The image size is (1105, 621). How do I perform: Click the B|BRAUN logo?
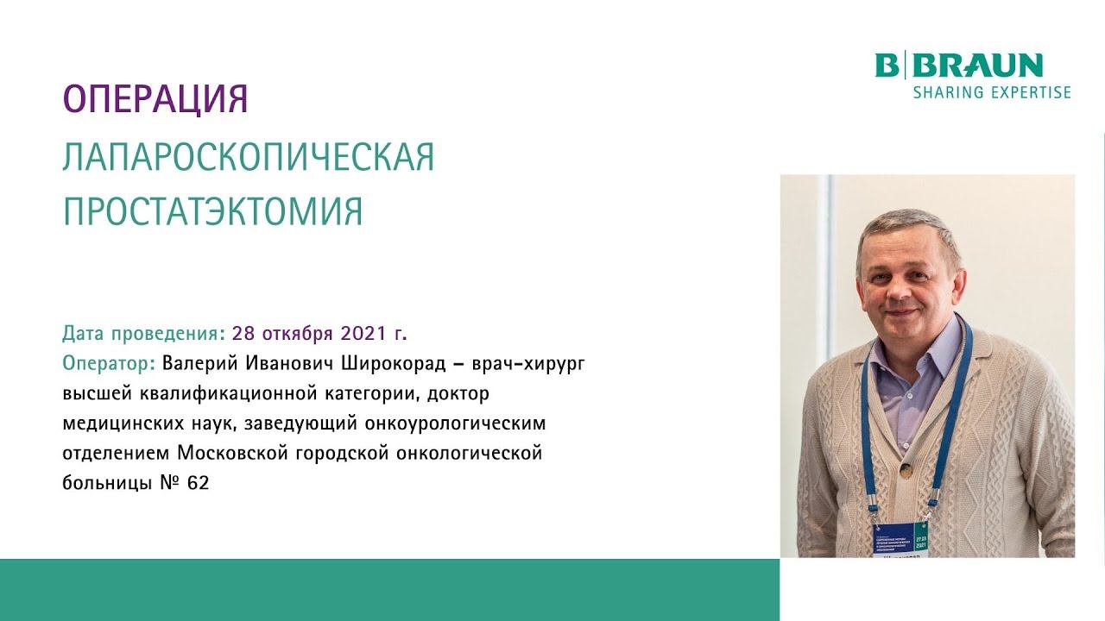pos(958,66)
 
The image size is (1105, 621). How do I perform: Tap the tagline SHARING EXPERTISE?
pos(991,92)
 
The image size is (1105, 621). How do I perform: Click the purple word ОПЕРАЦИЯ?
pos(155,99)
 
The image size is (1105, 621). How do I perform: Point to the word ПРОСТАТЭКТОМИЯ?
pos(212,211)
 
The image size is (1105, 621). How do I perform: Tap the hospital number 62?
pos(198,483)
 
